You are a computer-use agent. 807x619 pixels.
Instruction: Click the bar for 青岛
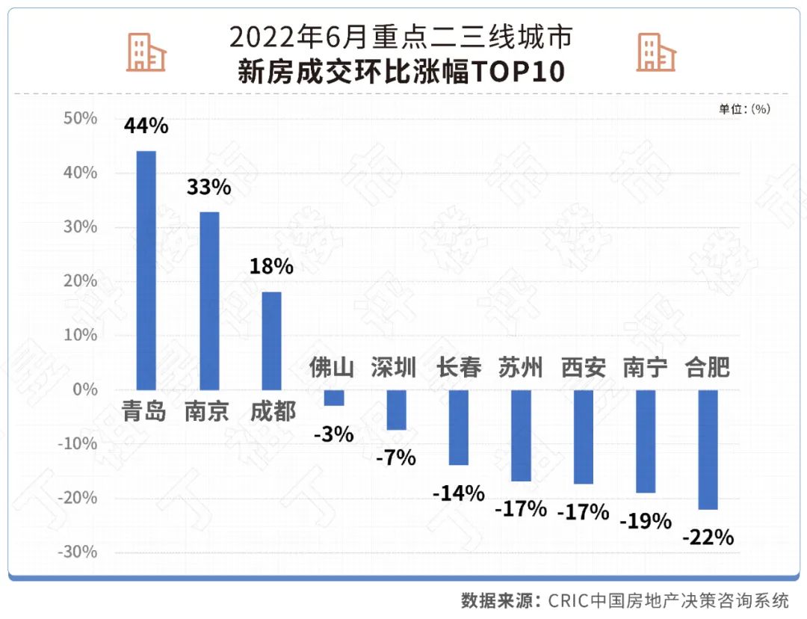click(x=146, y=270)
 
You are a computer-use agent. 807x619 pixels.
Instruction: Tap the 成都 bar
click(x=271, y=341)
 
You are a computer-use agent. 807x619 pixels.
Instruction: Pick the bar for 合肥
click(x=708, y=449)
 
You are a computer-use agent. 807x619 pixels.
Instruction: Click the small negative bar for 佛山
click(x=333, y=398)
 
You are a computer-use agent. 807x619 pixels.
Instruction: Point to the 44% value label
click(x=146, y=126)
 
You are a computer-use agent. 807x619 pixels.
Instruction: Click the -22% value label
click(x=708, y=537)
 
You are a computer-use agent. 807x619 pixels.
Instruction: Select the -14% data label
click(x=459, y=493)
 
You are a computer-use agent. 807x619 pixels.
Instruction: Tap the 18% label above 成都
click(x=271, y=266)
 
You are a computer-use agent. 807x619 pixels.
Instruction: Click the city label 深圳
click(x=395, y=368)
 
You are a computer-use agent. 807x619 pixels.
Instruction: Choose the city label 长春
click(x=458, y=368)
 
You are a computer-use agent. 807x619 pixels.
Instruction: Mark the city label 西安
click(x=584, y=368)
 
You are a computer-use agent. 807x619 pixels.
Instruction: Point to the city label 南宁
click(x=646, y=368)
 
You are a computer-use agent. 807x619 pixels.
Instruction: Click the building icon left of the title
click(x=146, y=52)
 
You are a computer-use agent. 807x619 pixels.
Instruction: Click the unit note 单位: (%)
click(x=744, y=109)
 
